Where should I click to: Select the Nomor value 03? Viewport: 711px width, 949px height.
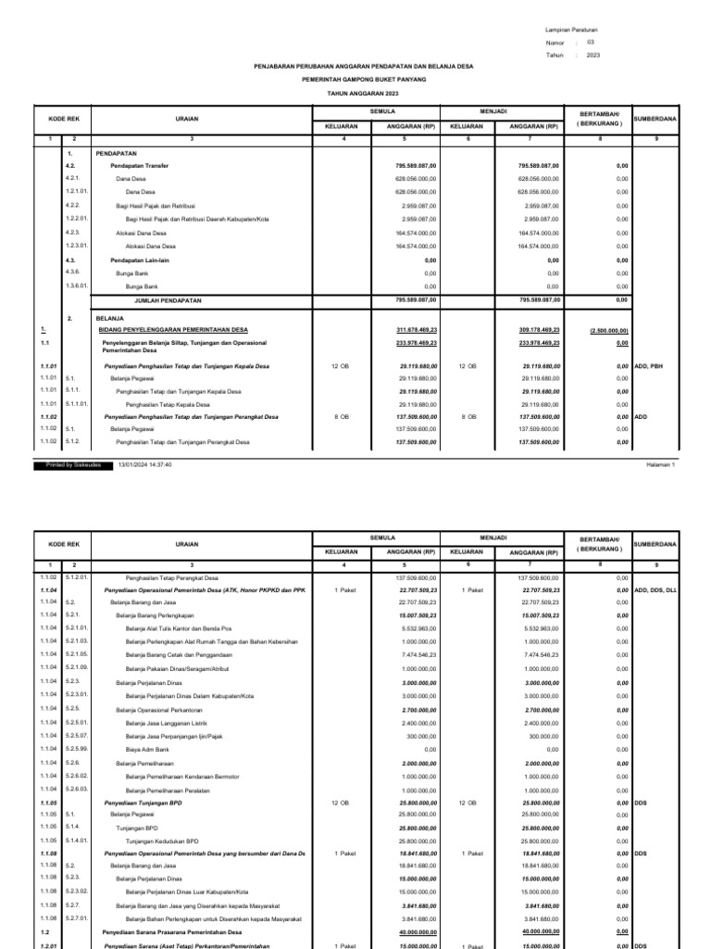pos(592,43)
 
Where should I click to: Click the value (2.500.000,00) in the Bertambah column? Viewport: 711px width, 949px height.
pos(609,329)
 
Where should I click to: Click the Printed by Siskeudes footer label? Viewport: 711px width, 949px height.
pos(74,464)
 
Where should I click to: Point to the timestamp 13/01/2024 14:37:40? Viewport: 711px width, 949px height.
pos(144,464)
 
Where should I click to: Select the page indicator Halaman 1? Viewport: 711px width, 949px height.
pos(661,464)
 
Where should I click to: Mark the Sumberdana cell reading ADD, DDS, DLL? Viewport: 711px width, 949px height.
pos(656,589)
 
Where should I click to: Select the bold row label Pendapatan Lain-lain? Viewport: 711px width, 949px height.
pos(141,260)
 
